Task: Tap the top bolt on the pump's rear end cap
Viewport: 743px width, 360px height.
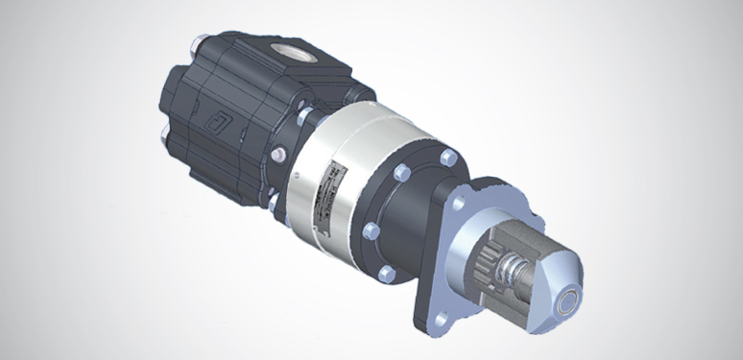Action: click(199, 43)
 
